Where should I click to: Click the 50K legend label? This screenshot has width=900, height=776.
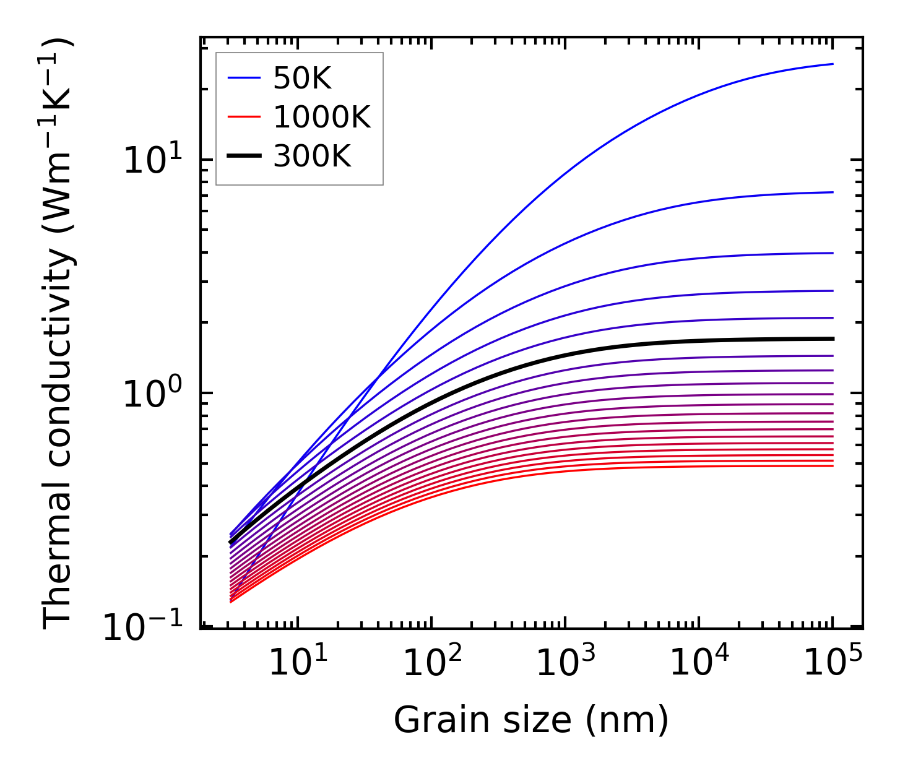click(x=303, y=79)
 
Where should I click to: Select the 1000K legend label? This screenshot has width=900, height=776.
click(x=321, y=118)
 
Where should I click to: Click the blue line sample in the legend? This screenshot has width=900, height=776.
click(x=246, y=78)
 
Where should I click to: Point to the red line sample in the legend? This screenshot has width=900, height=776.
click(x=246, y=117)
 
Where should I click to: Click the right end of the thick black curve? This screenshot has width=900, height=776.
click(x=833, y=338)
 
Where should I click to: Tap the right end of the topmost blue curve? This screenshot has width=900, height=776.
click(x=833, y=64)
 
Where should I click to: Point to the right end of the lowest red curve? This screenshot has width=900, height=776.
click(x=833, y=465)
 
